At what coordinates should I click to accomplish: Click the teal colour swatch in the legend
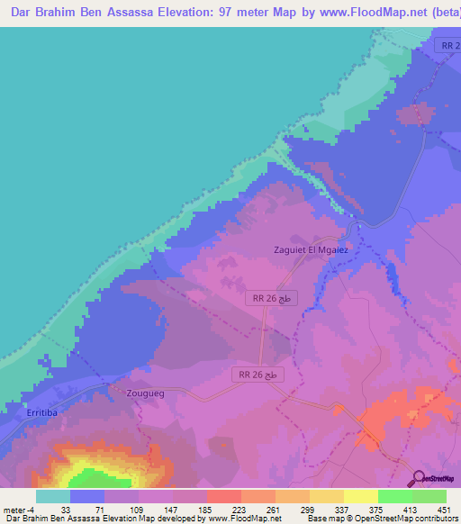(52, 496)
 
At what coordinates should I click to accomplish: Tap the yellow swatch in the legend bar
(360, 496)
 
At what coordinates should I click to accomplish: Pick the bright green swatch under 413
(394, 496)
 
